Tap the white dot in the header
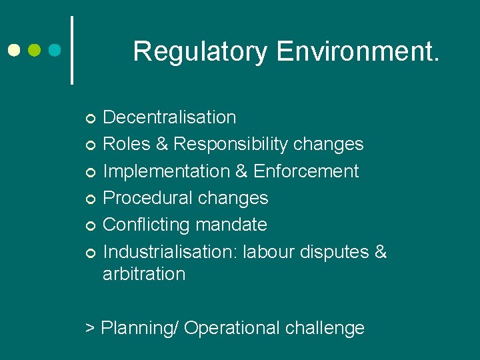pos(14,50)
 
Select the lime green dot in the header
pos(35,50)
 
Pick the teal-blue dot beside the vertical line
pos(55,50)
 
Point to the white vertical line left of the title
pos(72,50)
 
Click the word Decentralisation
pos(169,117)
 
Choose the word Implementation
pos(166,171)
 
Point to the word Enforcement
pos(306,171)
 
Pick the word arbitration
pos(144,274)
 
